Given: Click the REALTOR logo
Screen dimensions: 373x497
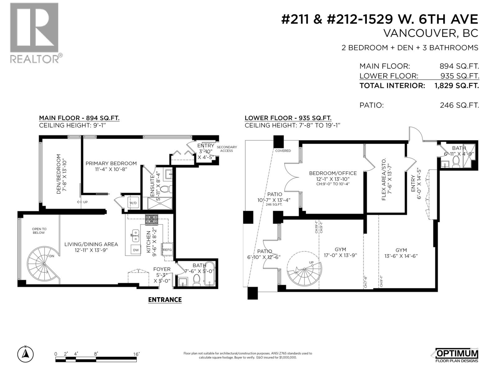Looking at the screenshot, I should (34, 33).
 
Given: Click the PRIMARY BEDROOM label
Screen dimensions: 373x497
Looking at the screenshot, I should (111, 163).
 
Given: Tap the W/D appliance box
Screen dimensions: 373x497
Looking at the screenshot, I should (133, 203).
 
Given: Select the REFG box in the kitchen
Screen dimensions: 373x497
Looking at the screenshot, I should (167, 250).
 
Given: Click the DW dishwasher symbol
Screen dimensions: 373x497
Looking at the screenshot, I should (136, 250).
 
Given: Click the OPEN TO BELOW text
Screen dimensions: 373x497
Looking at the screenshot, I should (39, 231).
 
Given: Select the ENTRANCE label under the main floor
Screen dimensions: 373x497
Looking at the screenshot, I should (165, 300).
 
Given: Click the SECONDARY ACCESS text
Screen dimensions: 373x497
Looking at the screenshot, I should (226, 149).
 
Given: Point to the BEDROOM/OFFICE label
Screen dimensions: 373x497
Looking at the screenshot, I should (333, 173).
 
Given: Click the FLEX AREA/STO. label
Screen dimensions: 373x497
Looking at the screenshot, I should (384, 179).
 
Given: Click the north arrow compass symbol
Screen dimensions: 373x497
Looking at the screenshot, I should (26, 354).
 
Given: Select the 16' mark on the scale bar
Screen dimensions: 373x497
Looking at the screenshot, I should (136, 354).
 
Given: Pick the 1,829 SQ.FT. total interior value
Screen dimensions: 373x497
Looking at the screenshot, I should (456, 85).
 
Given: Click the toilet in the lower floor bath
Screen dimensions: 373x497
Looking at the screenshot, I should (456, 162).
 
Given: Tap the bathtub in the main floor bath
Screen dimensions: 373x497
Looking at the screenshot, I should (211, 274).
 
